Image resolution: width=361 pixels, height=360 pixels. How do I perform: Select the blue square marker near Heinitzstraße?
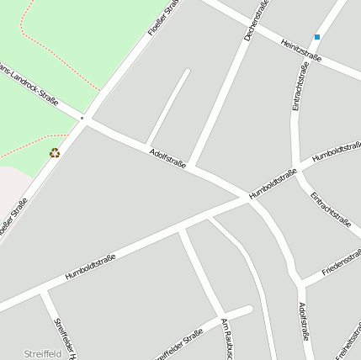(x=317, y=37)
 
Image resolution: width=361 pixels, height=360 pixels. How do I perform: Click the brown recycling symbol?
(x=55, y=152)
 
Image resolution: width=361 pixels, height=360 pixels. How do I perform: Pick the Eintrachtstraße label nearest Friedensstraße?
(x=330, y=209)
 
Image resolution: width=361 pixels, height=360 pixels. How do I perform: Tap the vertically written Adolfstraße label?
(x=304, y=321)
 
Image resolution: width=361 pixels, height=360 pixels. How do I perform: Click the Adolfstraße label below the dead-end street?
(x=167, y=157)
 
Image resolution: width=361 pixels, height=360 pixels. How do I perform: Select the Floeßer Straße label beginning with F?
(x=163, y=19)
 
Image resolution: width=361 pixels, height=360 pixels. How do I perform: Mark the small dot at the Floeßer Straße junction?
(x=82, y=119)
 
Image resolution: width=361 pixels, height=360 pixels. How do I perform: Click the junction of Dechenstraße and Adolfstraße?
(x=191, y=167)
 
